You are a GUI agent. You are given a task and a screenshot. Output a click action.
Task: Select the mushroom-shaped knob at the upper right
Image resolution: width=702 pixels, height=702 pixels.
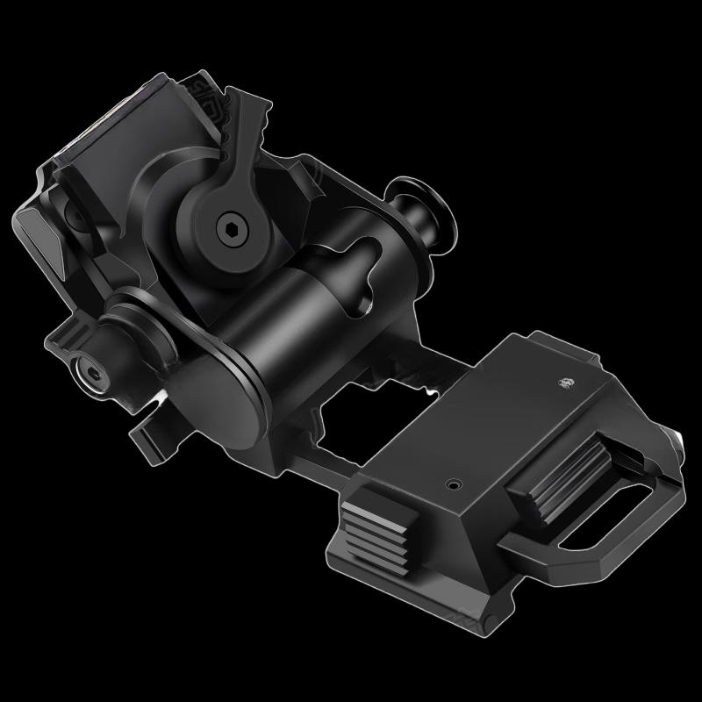[423, 211]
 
